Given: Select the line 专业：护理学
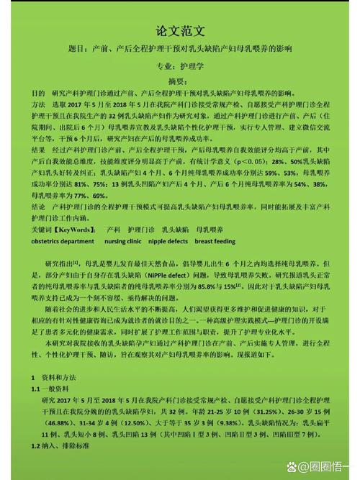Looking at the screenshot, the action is [x=180, y=65].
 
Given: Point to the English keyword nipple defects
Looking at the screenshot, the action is [x=168, y=242].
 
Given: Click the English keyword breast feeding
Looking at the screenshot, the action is [x=215, y=242].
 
